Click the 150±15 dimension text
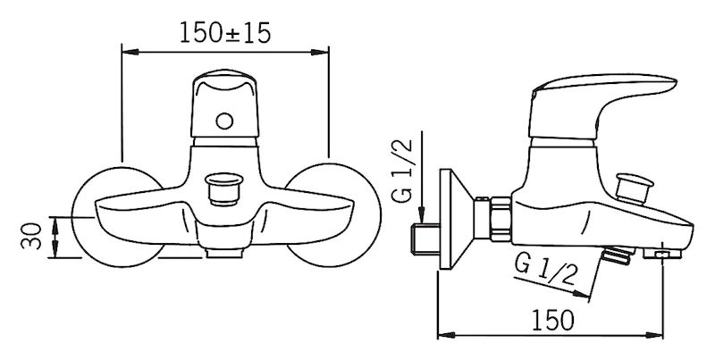(225, 33)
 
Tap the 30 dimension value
(31, 236)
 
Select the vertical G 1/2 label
(402, 171)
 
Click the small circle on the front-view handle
(224, 121)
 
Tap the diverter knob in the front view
(223, 189)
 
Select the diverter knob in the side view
(634, 188)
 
